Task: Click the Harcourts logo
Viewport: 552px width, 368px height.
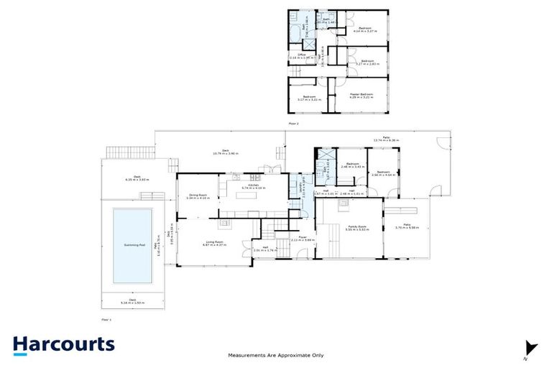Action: (63, 344)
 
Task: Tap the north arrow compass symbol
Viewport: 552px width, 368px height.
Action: (530, 348)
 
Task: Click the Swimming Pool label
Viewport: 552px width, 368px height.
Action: (132, 245)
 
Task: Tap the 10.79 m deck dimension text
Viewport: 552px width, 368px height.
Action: (225, 153)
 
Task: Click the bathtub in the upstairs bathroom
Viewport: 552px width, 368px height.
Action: (296, 33)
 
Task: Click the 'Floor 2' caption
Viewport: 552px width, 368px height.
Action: (293, 124)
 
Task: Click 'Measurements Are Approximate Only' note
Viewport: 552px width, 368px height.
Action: (275, 355)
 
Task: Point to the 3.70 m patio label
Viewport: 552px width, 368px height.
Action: (406, 229)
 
